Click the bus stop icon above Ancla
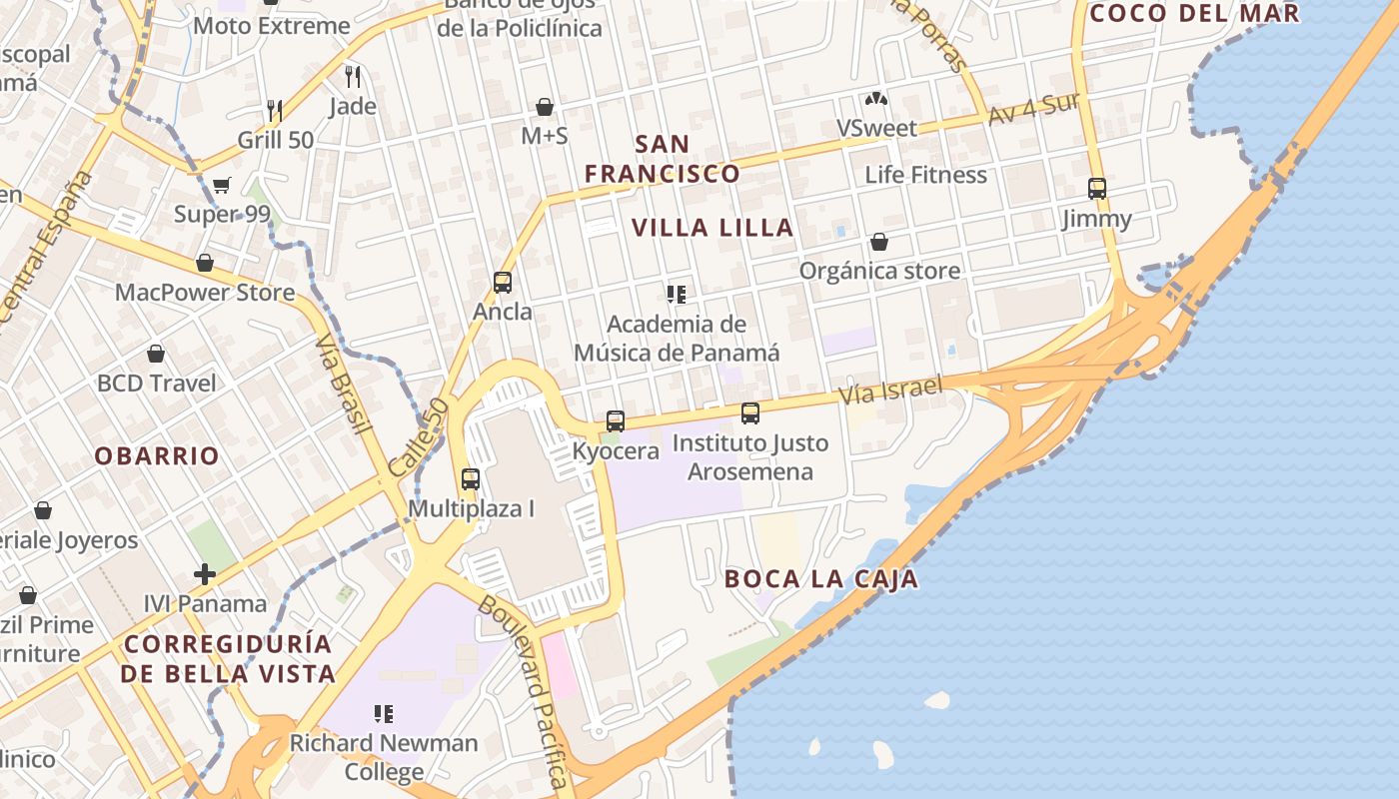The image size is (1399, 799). click(x=503, y=283)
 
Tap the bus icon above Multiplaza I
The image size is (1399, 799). click(x=471, y=479)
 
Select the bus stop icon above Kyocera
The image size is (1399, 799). click(x=616, y=421)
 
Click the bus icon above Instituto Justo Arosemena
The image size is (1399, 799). click(x=750, y=412)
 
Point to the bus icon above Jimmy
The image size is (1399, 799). click(x=1097, y=189)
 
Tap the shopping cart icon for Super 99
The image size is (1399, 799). click(x=222, y=185)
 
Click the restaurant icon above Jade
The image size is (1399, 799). click(x=352, y=76)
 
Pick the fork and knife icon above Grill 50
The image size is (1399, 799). click(x=275, y=110)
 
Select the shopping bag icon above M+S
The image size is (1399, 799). click(x=545, y=106)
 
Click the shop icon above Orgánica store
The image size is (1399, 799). click(x=879, y=242)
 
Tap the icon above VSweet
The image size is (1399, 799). click(x=876, y=99)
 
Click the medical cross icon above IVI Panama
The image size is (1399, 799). click(x=205, y=574)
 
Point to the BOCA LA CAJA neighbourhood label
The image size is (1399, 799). click(x=820, y=579)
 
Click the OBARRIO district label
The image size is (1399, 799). click(x=157, y=456)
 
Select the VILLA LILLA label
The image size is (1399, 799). click(x=712, y=228)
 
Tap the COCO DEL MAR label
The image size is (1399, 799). click(x=1194, y=13)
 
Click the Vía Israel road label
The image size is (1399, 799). click(x=891, y=390)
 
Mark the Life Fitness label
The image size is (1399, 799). click(x=925, y=175)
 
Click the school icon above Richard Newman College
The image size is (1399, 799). click(x=384, y=714)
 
